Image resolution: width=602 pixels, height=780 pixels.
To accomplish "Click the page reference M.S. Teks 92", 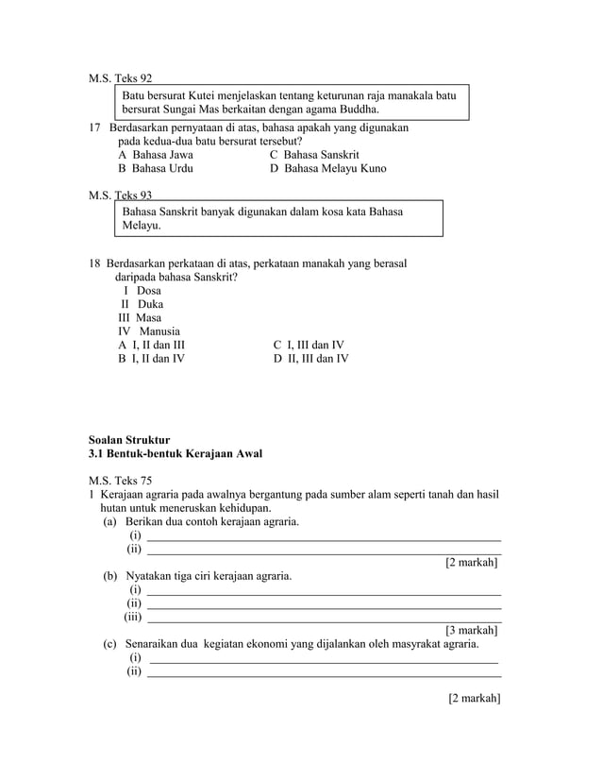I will (x=120, y=78).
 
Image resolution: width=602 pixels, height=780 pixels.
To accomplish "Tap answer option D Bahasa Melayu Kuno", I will (x=327, y=168).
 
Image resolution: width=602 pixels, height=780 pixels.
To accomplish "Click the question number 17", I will (x=94, y=127).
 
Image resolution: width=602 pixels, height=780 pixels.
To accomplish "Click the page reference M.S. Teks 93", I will (x=120, y=195).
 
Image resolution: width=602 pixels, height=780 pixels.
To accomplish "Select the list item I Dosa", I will (x=142, y=291).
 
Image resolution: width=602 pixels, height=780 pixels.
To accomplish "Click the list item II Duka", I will (x=142, y=305).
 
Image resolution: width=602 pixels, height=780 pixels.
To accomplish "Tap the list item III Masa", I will (x=140, y=318).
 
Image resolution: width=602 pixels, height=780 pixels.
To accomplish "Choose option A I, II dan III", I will (x=151, y=346).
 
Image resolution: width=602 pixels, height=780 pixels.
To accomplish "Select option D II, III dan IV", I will (x=310, y=359).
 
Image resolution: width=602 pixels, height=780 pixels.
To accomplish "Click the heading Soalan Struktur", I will (x=128, y=440).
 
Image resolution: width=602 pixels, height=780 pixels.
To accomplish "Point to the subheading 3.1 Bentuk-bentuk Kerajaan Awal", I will (x=175, y=454).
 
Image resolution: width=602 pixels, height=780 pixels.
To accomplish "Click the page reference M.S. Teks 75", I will (x=120, y=481).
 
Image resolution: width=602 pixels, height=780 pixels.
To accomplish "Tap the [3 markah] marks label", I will (x=471, y=630).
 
